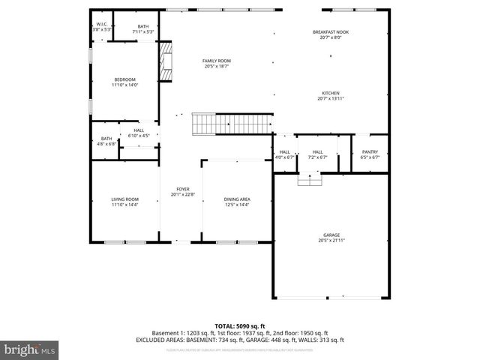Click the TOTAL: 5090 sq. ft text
[x=240, y=326]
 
